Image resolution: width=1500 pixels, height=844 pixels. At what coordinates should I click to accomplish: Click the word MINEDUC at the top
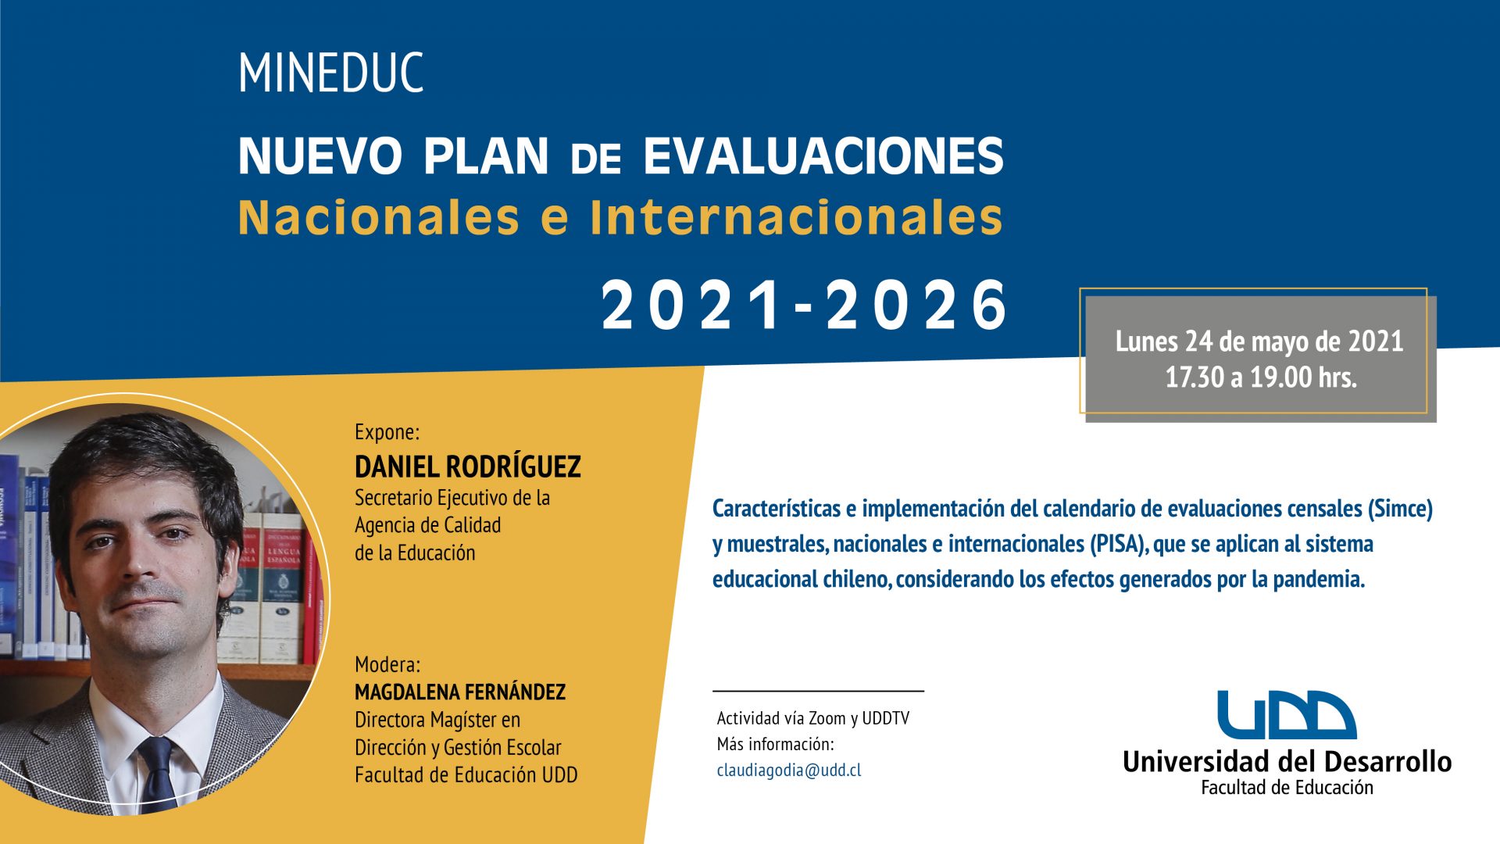[x=330, y=73]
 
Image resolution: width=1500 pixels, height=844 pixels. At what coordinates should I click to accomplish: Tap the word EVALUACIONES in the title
[x=823, y=156]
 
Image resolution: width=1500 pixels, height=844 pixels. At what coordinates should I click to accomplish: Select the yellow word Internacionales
[x=796, y=217]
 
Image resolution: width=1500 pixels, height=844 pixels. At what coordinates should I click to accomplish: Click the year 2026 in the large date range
[x=916, y=306]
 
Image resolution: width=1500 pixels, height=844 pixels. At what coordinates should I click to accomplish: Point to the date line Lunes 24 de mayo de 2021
[x=1259, y=342]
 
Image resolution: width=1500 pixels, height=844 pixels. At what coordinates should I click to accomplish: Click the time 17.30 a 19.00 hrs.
[x=1261, y=377]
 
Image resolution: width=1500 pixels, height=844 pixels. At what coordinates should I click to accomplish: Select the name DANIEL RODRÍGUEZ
[x=468, y=467]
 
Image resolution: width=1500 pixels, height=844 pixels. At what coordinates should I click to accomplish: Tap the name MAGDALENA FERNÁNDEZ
[x=460, y=692]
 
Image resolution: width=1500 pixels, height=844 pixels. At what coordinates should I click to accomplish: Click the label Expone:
[x=387, y=432]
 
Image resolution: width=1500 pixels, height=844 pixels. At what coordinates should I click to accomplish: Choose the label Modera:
[x=387, y=664]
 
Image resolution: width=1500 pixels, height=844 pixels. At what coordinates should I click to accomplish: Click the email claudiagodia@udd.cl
[x=789, y=770]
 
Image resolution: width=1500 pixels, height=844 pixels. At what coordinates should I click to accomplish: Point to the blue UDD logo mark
[x=1286, y=715]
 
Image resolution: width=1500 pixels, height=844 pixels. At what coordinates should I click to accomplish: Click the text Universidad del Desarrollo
[x=1287, y=761]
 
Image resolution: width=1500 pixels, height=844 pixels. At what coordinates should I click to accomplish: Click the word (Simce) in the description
[x=1400, y=509]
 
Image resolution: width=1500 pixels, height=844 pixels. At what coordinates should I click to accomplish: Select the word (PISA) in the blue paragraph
[x=1120, y=544]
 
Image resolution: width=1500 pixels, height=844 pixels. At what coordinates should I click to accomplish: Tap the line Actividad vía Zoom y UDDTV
[x=813, y=718]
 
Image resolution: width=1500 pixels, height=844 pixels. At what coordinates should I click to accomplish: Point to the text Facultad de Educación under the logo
[x=1287, y=788]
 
